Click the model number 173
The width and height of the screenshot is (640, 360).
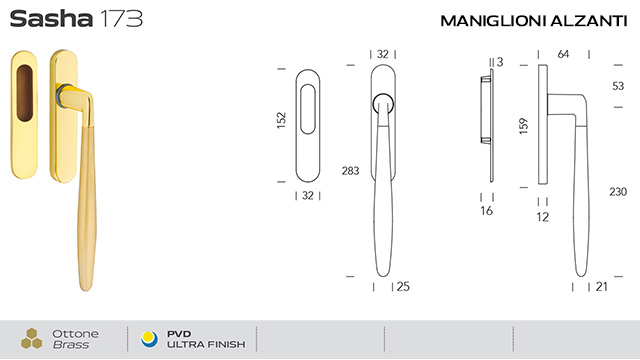click(x=121, y=19)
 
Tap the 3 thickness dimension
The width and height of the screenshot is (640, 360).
click(x=500, y=62)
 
